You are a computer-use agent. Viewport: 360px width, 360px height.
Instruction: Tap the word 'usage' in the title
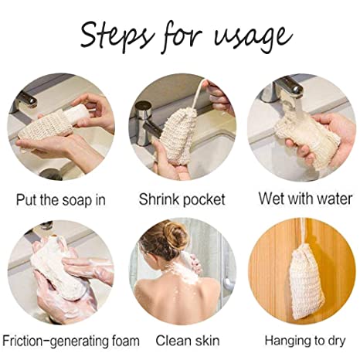click(253, 39)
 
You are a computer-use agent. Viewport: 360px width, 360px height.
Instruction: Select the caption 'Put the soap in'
click(61, 200)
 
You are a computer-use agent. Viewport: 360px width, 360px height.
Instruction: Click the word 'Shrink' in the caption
click(158, 199)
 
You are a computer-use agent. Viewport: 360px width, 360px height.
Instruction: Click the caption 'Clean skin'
click(188, 341)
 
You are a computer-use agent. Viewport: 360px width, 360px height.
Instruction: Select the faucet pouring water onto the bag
click(284, 89)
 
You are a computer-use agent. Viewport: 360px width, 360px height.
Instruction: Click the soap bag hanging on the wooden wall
click(307, 282)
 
